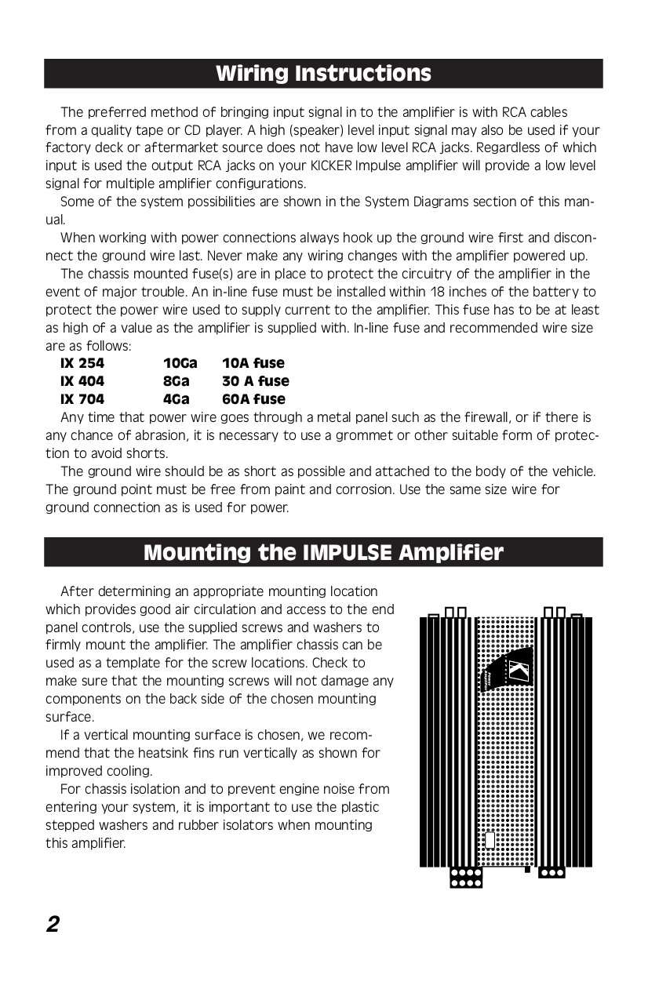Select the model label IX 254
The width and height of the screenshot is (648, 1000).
click(x=82, y=363)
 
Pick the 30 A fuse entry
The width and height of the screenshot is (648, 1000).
click(x=255, y=381)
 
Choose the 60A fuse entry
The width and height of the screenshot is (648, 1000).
click(x=253, y=399)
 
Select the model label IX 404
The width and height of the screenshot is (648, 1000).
click(x=82, y=381)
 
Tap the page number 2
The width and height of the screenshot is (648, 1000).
click(x=53, y=925)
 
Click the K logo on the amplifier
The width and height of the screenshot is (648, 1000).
click(x=518, y=671)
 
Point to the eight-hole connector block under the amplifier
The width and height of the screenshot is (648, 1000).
click(x=465, y=877)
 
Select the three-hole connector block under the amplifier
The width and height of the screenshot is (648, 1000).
click(x=551, y=872)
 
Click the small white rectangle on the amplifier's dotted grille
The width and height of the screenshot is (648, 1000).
click(x=490, y=840)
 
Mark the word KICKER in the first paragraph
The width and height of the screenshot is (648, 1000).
click(x=333, y=165)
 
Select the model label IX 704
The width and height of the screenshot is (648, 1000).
click(x=82, y=399)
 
